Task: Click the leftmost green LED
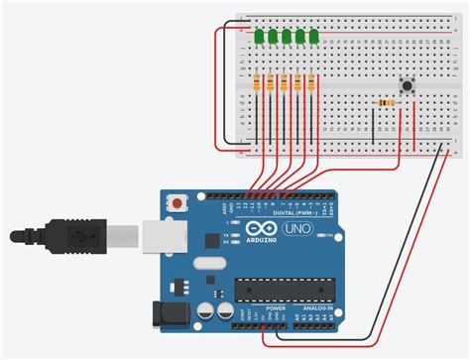click(x=259, y=37)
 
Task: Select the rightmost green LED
click(x=313, y=37)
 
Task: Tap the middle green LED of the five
click(x=287, y=37)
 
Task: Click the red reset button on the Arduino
click(x=176, y=203)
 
